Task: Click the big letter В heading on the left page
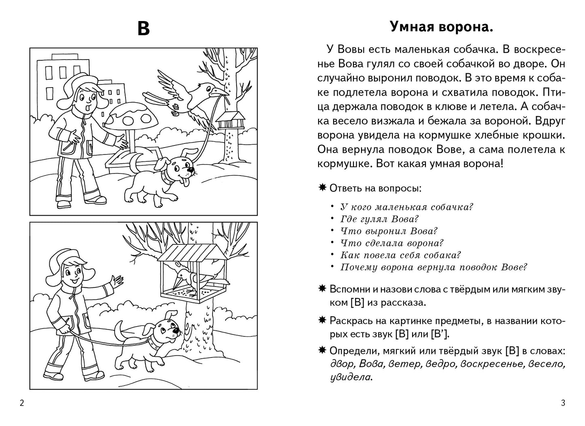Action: [x=143, y=29]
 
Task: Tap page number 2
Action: [x=21, y=403]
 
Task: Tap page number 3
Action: [x=563, y=403]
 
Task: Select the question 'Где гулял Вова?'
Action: [x=379, y=219]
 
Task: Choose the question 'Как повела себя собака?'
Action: [x=401, y=255]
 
